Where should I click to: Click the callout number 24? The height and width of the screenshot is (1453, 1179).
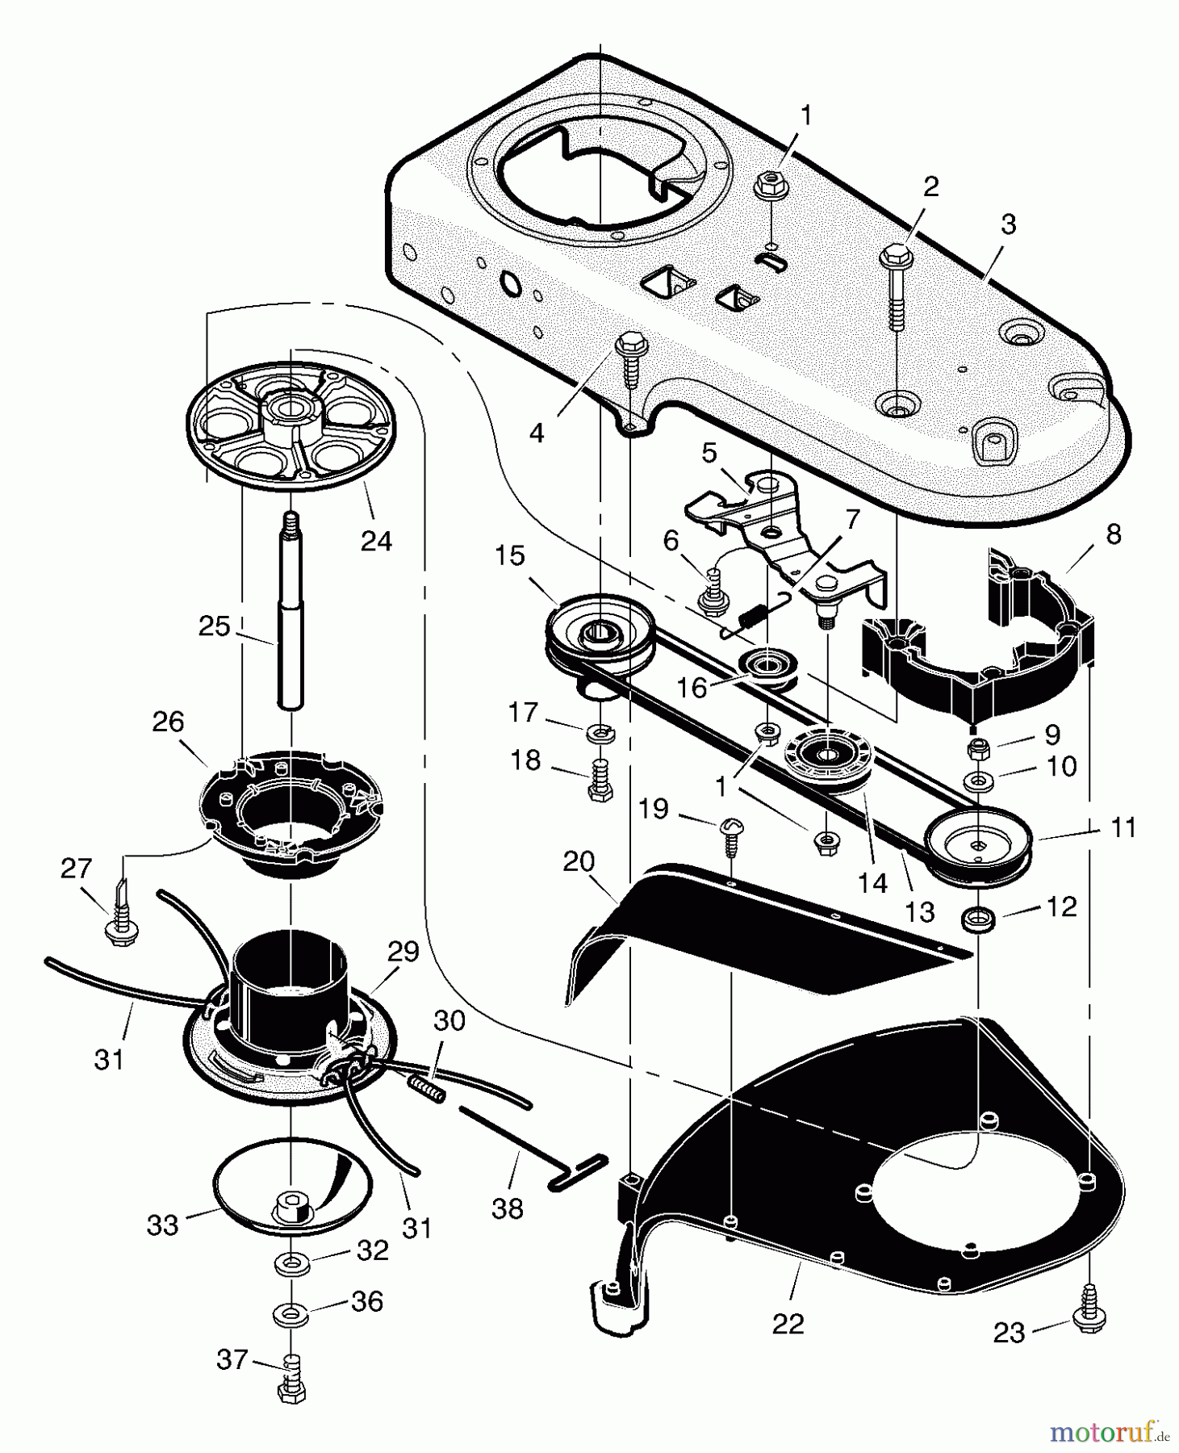tap(376, 541)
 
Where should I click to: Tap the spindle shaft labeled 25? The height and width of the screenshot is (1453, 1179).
tap(291, 622)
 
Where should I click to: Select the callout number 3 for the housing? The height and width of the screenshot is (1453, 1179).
tap(1008, 224)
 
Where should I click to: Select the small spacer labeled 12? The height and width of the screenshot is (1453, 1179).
tap(976, 918)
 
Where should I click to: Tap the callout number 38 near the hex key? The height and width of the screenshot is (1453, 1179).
tap(507, 1208)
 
